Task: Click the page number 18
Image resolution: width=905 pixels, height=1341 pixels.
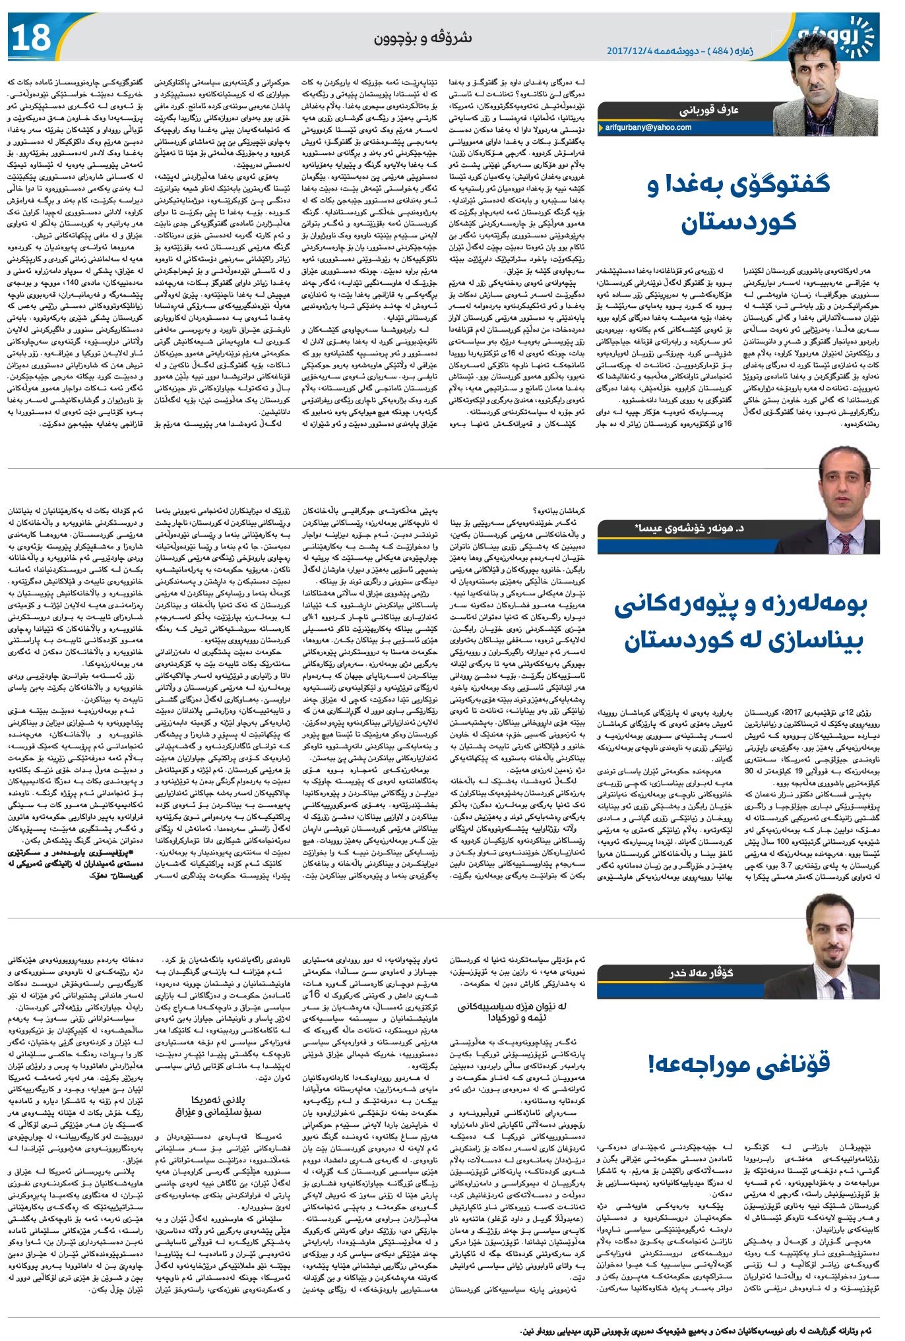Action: [31, 38]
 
